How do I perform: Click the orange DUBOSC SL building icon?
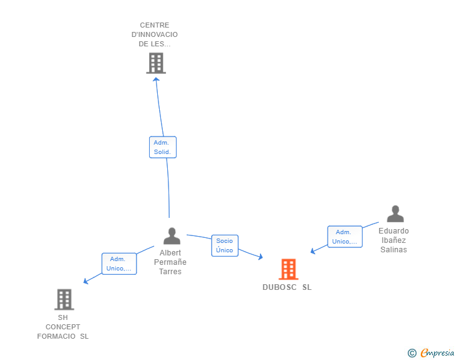coord(288,269)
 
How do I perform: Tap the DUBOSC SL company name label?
coord(287,288)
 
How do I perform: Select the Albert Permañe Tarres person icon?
coord(172,236)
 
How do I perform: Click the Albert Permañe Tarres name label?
coord(170,262)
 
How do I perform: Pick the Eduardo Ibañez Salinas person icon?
coord(395,214)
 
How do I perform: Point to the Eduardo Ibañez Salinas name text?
coord(393,240)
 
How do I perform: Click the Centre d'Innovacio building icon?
coord(156,63)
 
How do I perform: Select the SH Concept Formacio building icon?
coord(64,299)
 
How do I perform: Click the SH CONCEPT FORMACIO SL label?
coord(63,327)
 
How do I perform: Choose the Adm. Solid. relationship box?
coord(163,147)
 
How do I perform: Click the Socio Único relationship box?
coord(224,245)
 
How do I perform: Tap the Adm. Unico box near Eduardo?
coord(345,237)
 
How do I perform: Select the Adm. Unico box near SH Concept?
coord(119,264)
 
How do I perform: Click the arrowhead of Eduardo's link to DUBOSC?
coord(313,251)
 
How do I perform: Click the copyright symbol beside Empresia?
coord(412,353)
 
